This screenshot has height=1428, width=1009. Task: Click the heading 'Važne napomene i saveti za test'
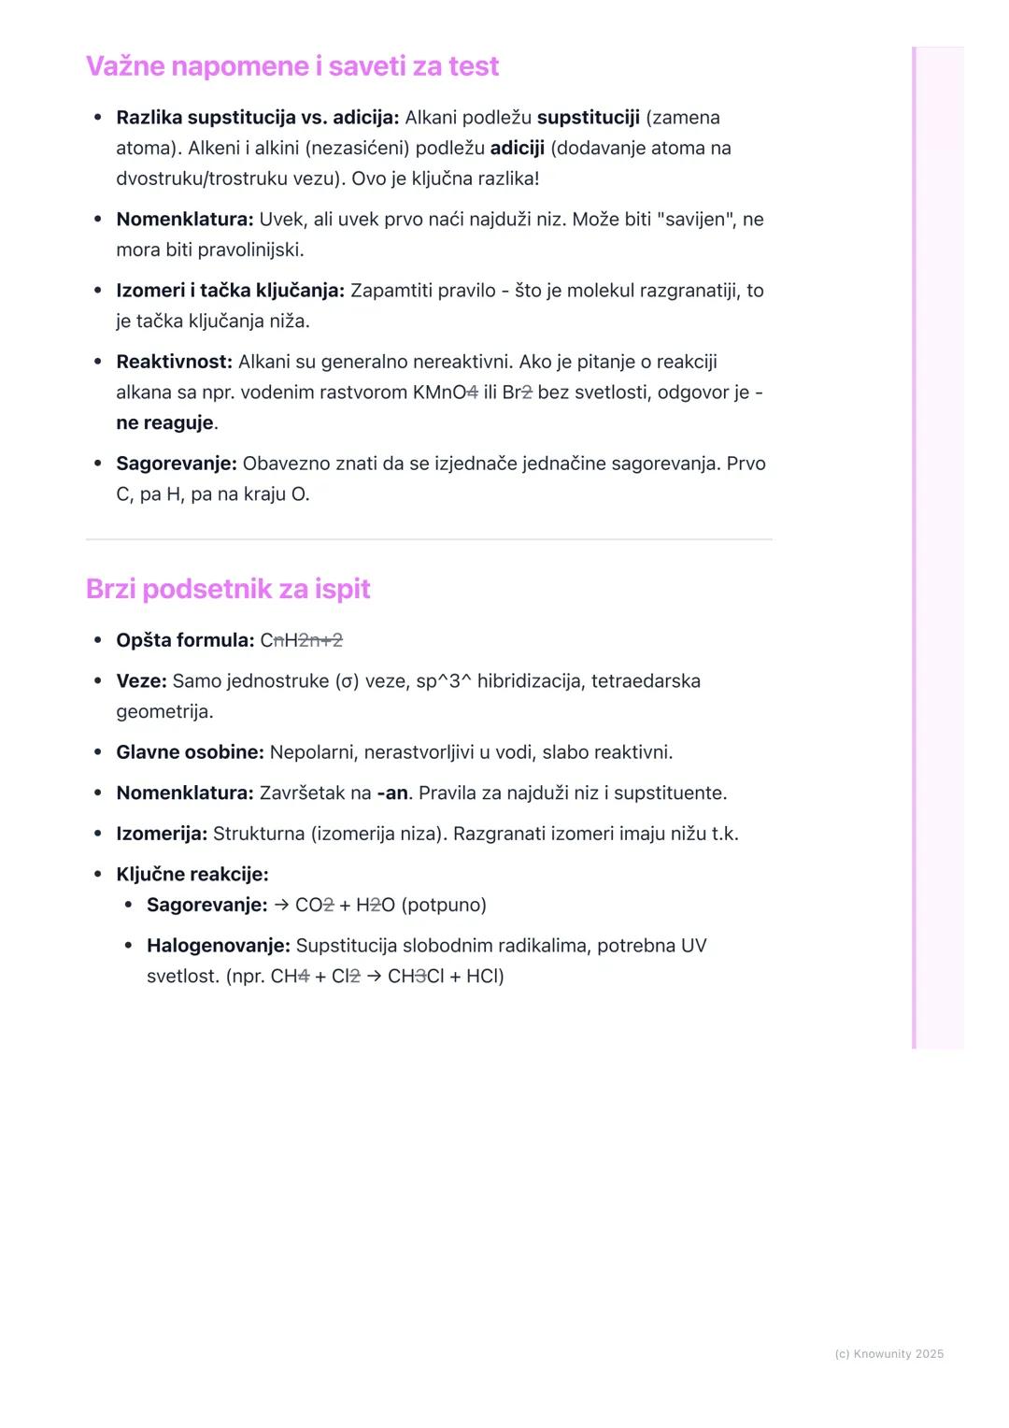click(292, 66)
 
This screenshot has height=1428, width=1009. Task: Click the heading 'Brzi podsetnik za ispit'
click(228, 589)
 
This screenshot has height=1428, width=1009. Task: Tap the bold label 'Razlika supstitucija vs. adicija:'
click(257, 118)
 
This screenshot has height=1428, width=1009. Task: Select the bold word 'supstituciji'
click(588, 118)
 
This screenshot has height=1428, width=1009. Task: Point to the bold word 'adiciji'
click(517, 149)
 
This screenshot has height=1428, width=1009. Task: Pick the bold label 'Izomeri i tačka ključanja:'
click(230, 291)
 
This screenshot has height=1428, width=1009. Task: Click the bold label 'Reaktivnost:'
click(174, 362)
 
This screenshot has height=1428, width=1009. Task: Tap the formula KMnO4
click(445, 393)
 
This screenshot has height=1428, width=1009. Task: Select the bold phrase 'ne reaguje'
click(164, 423)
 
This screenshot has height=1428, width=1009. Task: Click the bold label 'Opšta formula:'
click(185, 640)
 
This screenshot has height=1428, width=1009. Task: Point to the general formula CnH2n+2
click(301, 640)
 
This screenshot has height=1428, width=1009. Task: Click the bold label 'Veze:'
click(141, 681)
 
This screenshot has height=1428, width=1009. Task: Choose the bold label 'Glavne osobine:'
click(190, 752)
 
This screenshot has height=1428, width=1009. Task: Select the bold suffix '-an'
click(392, 793)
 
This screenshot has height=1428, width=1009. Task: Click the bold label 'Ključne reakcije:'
click(192, 875)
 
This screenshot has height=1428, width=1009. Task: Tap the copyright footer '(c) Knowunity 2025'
click(888, 1354)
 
